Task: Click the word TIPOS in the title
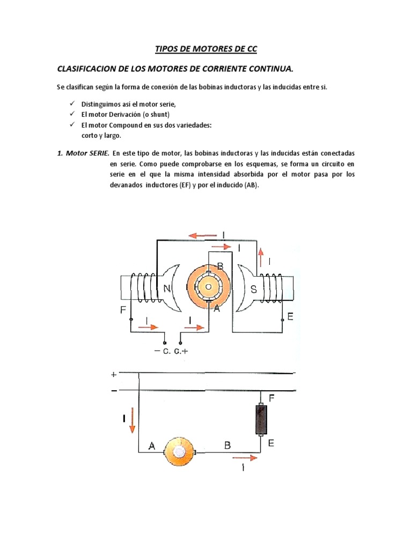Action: pos(166,49)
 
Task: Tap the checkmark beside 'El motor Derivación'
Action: pos(72,114)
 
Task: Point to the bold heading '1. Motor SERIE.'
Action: pos(83,153)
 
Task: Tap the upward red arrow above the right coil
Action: pos(261,257)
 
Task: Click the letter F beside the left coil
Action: pos(123,310)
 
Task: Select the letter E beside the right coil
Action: pos(290,317)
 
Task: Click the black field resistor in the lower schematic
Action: pos(261,419)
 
